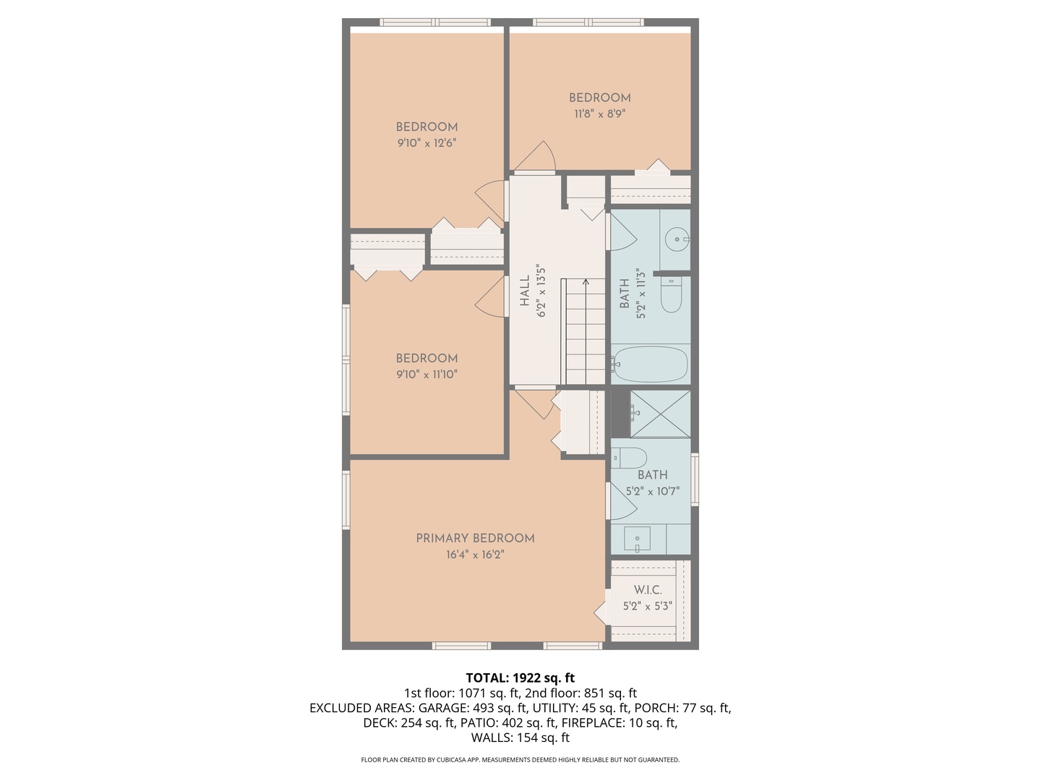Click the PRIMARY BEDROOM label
[475, 538]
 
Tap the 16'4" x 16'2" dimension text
[475, 555]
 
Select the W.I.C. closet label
[648, 590]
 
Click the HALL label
[525, 291]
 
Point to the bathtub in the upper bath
[650, 364]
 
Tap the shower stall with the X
[660, 414]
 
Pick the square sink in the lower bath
[637, 539]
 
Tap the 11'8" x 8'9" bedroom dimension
[599, 114]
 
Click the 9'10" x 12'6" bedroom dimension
[427, 143]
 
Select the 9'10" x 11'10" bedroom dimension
[427, 375]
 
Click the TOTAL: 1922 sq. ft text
[520, 678]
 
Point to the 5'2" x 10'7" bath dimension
[652, 492]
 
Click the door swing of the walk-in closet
[601, 613]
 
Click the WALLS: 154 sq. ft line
[520, 738]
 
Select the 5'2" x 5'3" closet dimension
[648, 607]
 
